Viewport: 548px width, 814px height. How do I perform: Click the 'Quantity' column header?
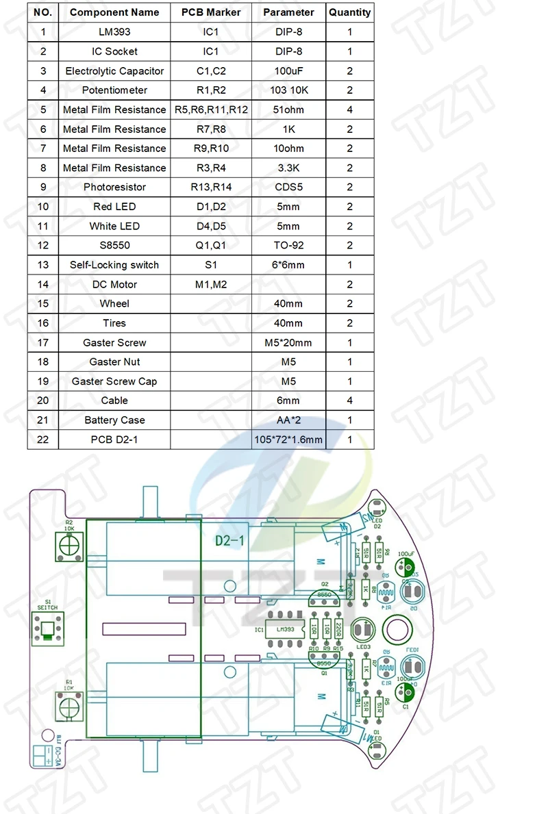pyautogui.click(x=349, y=12)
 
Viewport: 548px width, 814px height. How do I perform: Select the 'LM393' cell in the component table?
pyautogui.click(x=114, y=31)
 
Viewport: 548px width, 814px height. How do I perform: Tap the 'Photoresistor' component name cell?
pyautogui.click(x=114, y=187)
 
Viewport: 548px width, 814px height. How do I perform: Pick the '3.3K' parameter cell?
pyautogui.click(x=288, y=168)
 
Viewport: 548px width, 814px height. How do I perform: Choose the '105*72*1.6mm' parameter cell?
pyautogui.click(x=288, y=440)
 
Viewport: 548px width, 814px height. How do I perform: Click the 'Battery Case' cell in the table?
pyautogui.click(x=114, y=420)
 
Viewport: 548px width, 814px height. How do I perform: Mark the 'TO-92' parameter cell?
pyautogui.click(x=288, y=245)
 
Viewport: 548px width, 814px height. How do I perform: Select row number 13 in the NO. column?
pyautogui.click(x=43, y=265)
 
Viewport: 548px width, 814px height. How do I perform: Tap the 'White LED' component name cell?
pyautogui.click(x=114, y=226)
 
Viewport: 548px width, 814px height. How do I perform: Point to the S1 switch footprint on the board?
pyautogui.click(x=47, y=628)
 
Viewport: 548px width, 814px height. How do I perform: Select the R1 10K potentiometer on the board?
pyautogui.click(x=68, y=704)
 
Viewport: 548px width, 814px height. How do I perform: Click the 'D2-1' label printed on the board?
pyautogui.click(x=230, y=541)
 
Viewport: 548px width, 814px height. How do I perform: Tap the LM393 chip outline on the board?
pyautogui.click(x=286, y=630)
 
